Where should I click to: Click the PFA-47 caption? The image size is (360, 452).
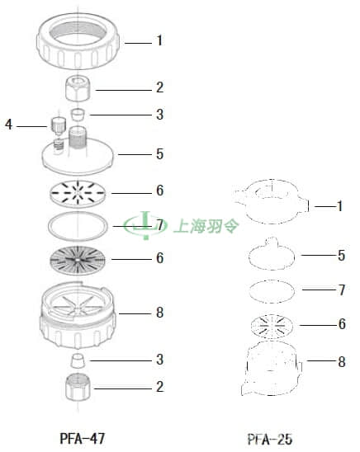83,439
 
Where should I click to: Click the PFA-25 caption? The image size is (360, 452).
270,440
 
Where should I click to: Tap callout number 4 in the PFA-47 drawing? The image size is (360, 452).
8,125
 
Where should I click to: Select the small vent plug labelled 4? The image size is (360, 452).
59,125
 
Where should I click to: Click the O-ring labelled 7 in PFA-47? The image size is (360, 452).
78,213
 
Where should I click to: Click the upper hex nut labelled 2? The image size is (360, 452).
77,89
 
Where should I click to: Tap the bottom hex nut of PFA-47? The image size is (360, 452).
78,387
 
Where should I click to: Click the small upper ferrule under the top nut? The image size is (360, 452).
78,115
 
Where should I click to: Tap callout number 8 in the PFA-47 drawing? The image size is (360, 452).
160,313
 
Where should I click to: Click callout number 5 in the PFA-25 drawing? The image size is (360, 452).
342,256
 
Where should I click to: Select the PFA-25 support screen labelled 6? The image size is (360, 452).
272,326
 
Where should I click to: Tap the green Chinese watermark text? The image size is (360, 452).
206,226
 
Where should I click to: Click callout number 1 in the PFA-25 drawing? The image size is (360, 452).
340,206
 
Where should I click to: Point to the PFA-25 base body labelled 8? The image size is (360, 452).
272,369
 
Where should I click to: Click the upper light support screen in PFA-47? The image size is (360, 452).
78,194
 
